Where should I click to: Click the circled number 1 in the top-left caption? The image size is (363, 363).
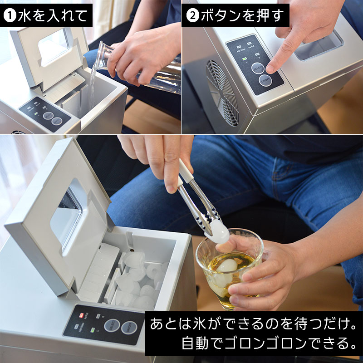pyautogui.click(x=10, y=16)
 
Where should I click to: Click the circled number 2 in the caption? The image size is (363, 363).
pyautogui.click(x=192, y=16)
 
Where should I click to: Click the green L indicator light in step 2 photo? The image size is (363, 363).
pyautogui.click(x=244, y=59)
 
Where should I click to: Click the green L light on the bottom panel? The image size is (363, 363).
pyautogui.click(x=93, y=330)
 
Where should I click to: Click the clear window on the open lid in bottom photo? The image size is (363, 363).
pyautogui.click(x=67, y=213)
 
